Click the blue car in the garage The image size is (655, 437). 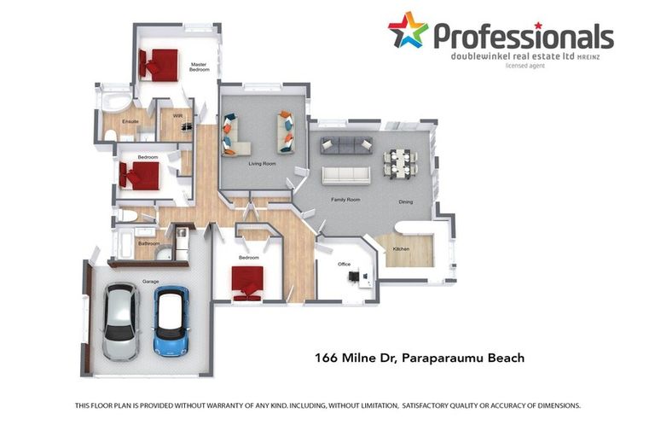171,321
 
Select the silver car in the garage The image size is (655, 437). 121,321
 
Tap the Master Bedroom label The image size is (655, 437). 199,67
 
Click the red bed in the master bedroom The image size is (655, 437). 159,65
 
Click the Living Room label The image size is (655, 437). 263,164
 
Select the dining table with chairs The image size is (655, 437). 400,164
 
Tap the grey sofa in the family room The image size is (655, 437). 346,145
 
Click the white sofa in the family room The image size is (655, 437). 346,176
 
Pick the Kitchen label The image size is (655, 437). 401,249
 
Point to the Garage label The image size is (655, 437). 150,282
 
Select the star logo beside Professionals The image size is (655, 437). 408,29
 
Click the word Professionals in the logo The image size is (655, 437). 524,36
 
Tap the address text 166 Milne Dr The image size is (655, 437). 355,358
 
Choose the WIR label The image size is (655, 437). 177,116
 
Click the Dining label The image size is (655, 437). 406,201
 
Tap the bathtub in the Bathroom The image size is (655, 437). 125,243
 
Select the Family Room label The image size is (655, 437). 345,200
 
